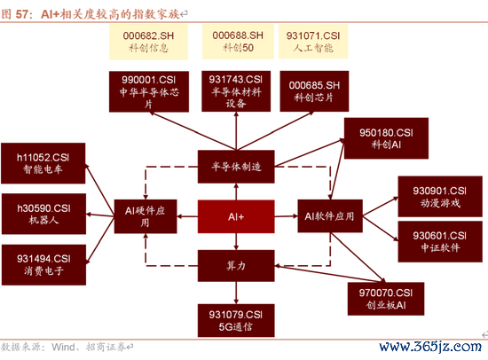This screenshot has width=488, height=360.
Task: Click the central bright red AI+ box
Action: [x=236, y=216]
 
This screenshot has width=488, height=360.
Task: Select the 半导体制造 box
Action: [x=236, y=167]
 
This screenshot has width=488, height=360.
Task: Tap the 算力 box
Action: [x=236, y=266]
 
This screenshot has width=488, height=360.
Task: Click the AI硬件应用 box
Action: [x=146, y=216]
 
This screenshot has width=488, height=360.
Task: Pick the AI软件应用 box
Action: [x=330, y=216]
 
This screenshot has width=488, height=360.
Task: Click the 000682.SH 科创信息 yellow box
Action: [x=148, y=42]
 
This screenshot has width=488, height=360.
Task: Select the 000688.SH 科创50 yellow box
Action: [x=238, y=42]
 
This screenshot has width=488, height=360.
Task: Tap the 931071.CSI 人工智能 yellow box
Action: [x=313, y=42]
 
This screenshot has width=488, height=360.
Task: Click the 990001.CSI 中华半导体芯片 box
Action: [x=149, y=91]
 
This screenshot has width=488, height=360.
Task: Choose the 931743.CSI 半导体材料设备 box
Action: [x=236, y=91]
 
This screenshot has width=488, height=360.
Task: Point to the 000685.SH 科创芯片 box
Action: [x=314, y=91]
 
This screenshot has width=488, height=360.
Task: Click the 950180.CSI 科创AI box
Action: [x=386, y=138]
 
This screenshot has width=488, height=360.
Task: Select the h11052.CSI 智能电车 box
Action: [x=43, y=163]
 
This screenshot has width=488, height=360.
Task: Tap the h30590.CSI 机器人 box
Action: [x=43, y=214]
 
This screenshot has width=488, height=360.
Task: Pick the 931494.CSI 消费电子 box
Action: [x=43, y=265]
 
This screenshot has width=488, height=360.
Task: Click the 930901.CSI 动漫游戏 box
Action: [x=440, y=197]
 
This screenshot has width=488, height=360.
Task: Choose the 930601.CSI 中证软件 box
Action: [x=440, y=241]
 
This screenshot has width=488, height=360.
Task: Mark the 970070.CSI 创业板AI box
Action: [x=386, y=299]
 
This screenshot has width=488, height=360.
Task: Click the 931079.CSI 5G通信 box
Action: [x=236, y=320]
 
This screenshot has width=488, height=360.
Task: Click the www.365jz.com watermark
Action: [x=430, y=347]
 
